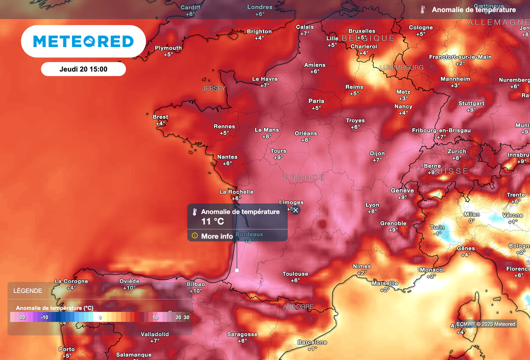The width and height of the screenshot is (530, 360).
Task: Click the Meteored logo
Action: click(83, 41)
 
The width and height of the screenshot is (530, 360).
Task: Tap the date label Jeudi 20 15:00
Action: click(83, 69)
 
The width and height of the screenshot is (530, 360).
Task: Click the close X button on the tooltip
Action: click(296, 210)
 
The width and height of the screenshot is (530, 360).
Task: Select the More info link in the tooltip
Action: click(217, 236)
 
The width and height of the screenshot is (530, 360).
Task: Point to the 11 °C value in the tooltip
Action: click(213, 221)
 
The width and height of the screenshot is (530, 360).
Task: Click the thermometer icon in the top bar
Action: click(423, 10)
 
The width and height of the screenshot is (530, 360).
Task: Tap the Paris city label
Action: click(316, 101)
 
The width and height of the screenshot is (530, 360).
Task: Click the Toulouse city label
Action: click(295, 274)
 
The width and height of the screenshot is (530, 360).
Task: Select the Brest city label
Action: click(160, 117)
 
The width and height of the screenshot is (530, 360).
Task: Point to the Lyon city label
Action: click(372, 205)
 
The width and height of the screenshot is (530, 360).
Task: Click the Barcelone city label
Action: click(312, 342)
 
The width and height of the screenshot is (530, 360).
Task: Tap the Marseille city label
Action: click(385, 283)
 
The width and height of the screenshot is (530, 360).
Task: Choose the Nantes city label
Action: click(227, 157)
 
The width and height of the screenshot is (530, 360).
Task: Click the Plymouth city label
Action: click(168, 48)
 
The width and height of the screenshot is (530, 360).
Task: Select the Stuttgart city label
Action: click(471, 103)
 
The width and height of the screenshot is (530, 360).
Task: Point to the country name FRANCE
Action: click(304, 178)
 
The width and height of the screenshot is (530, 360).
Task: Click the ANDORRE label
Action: click(298, 307)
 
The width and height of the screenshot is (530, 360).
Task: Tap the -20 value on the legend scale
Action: click(21, 317)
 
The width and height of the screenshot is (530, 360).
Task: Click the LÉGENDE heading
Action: click(28, 291)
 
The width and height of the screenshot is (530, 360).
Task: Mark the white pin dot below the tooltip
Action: click(237, 270)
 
